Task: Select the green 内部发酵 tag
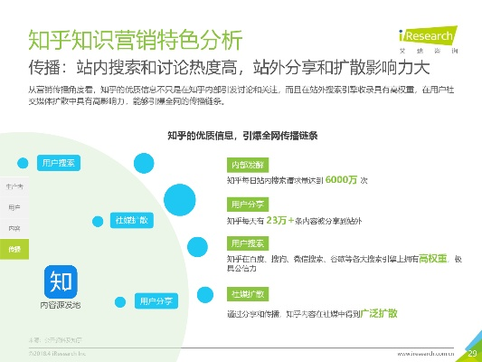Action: (x=249, y=165)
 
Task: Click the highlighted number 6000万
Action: (x=342, y=179)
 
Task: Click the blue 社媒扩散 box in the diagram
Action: (x=131, y=220)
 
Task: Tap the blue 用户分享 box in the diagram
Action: (x=156, y=300)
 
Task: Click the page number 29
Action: (x=471, y=352)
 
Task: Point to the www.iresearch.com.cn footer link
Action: (x=429, y=352)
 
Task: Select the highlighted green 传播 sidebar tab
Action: (x=14, y=248)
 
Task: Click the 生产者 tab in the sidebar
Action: (x=14, y=186)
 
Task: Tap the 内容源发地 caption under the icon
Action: (x=60, y=305)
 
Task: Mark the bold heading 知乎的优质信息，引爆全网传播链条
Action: (x=242, y=135)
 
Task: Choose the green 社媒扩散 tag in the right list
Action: (x=249, y=295)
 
